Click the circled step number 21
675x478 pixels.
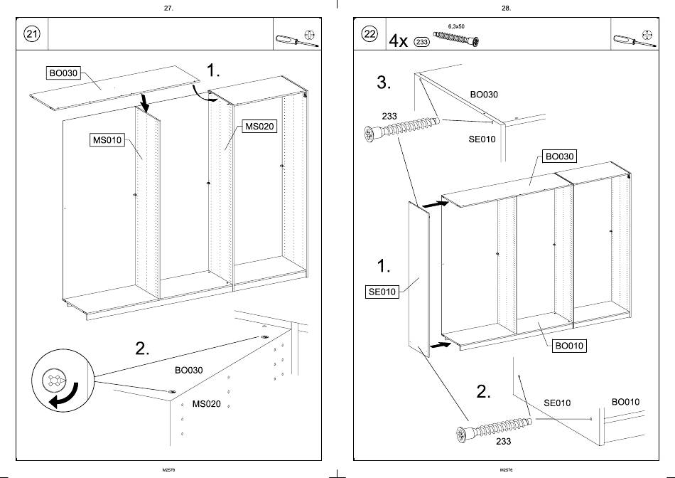32,34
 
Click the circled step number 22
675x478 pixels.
369,34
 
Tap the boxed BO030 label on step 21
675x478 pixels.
63,73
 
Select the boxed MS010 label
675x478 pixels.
107,140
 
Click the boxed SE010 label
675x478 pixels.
382,291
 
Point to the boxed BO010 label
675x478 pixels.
569,346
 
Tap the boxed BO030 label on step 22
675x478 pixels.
559,156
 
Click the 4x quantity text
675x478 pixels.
398,41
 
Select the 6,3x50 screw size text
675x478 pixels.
456,26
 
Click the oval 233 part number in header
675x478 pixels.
421,42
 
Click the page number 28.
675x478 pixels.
506,8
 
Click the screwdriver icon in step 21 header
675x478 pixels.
288,41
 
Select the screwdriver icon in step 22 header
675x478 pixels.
627,41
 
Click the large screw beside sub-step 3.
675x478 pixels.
401,129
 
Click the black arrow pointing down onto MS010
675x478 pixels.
146,103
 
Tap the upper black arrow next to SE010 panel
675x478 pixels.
436,204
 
